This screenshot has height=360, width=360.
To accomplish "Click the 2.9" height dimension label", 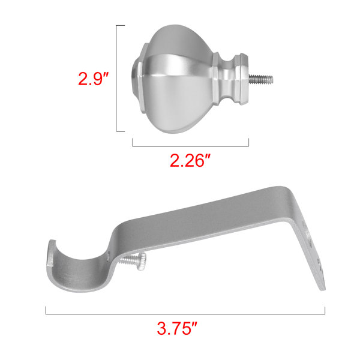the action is pyautogui.click(x=93, y=79).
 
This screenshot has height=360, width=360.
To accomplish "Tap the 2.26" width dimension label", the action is pyautogui.click(x=190, y=160).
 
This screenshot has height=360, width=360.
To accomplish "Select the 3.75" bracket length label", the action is pyautogui.click(x=177, y=328).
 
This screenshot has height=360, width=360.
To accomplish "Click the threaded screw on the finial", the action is pyautogui.click(x=261, y=79).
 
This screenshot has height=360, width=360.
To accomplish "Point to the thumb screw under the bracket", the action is pyautogui.click(x=133, y=261).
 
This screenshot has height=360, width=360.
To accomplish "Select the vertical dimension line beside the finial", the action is pyautogui.click(x=116, y=79).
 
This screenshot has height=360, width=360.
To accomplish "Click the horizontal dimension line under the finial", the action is pyautogui.click(x=190, y=146).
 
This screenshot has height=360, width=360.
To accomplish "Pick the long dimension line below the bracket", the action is pyautogui.click(x=185, y=314).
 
